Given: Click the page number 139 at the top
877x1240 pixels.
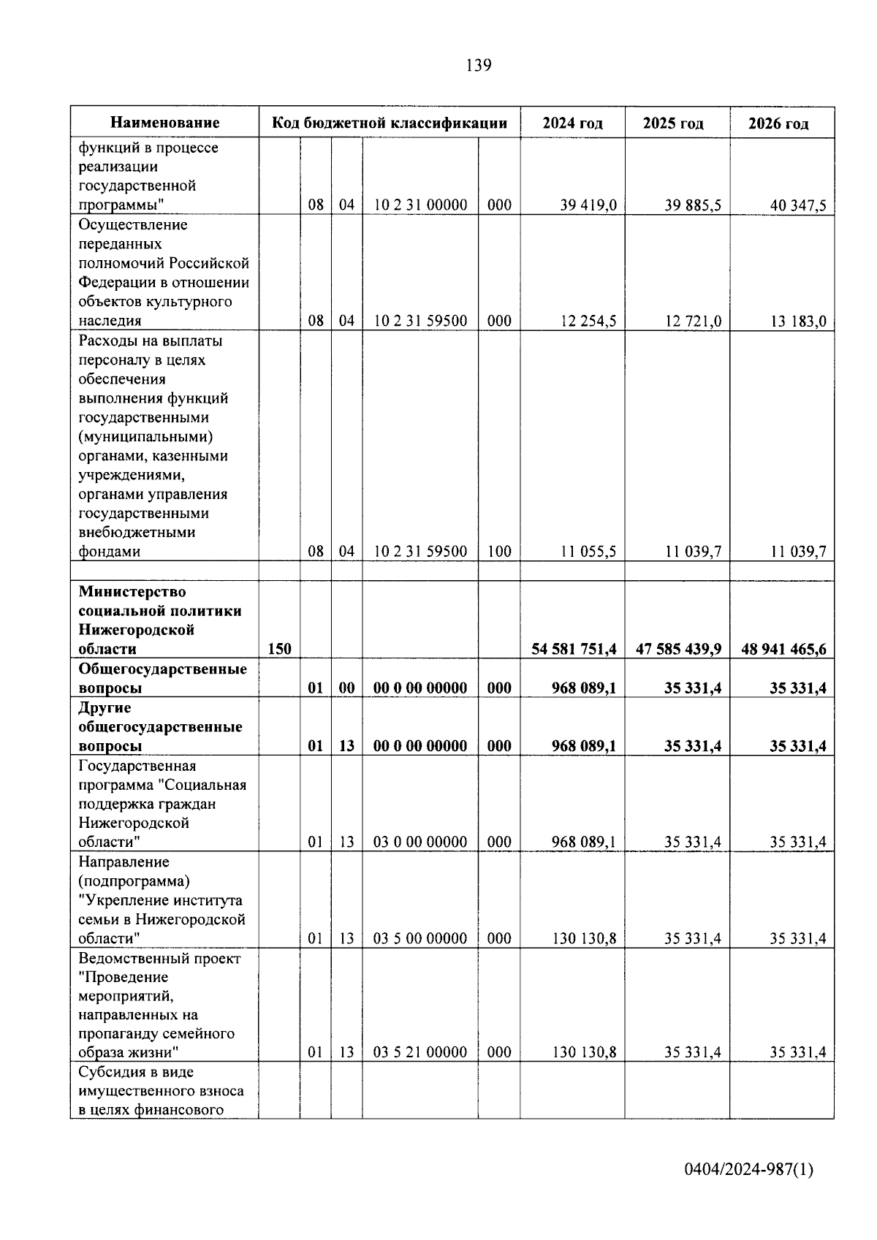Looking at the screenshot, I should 479,66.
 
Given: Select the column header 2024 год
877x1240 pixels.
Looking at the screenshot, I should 572,123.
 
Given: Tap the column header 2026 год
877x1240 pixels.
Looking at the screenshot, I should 778,123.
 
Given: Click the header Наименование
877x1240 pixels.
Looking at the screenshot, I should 165,123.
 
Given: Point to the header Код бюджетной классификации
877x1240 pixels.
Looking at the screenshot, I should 390,123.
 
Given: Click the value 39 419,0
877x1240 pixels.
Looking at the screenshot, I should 588,205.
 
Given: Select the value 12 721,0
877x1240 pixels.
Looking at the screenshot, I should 693,321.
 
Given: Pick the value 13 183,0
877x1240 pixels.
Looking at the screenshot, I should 798,321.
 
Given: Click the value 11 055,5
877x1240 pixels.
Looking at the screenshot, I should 588,552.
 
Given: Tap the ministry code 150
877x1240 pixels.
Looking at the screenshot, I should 279,649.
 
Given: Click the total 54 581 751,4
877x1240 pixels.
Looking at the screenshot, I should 574,649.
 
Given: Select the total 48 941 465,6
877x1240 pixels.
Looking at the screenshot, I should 783,649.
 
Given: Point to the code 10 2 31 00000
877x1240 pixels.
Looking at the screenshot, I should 420,205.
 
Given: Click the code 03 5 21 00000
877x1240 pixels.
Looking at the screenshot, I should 420,1052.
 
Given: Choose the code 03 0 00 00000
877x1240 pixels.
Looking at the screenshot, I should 420,842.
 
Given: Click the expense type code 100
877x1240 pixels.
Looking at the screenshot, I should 499,552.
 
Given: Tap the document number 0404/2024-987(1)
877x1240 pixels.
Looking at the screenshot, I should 748,1170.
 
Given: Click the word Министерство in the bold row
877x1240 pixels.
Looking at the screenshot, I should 132,591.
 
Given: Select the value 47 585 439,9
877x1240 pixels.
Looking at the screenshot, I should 678,649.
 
